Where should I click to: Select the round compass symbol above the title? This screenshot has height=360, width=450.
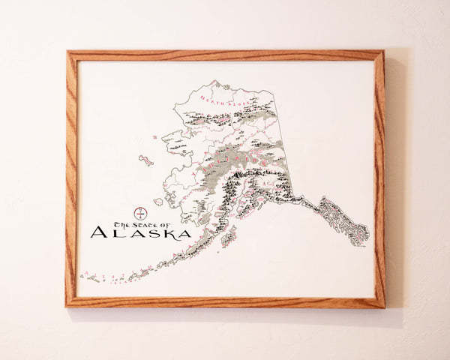[138, 213]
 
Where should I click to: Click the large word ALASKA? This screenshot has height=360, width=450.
[140, 233]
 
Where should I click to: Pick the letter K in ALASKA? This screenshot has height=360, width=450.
[164, 233]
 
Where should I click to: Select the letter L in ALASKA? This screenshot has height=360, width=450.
[115, 233]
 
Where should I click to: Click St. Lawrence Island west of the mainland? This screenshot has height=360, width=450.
[145, 160]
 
